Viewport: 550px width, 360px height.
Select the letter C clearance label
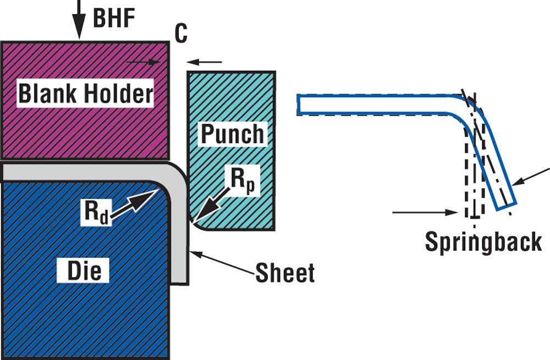click(181, 34)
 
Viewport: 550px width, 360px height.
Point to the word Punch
click(232, 134)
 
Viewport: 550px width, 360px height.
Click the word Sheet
click(285, 272)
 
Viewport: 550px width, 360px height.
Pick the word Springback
click(483, 241)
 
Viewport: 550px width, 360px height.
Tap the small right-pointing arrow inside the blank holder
click(144, 62)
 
